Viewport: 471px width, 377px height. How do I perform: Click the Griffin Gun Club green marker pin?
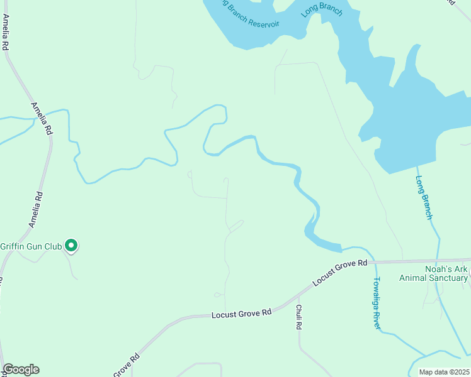72,245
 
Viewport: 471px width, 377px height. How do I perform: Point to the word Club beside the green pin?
54,246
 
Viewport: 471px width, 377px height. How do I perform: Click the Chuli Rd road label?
299,318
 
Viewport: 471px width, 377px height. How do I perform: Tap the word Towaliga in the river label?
377,292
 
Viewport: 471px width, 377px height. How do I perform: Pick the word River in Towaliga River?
377,319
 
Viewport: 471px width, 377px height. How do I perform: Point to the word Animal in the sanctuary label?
413,278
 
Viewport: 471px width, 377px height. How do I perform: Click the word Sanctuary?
448,278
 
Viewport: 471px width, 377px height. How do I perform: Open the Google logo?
21,369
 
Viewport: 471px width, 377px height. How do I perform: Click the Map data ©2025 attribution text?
444,371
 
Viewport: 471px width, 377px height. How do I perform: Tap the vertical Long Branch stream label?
424,197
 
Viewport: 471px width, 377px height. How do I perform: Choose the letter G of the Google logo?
8,369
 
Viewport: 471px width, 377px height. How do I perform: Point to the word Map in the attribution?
426,371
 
